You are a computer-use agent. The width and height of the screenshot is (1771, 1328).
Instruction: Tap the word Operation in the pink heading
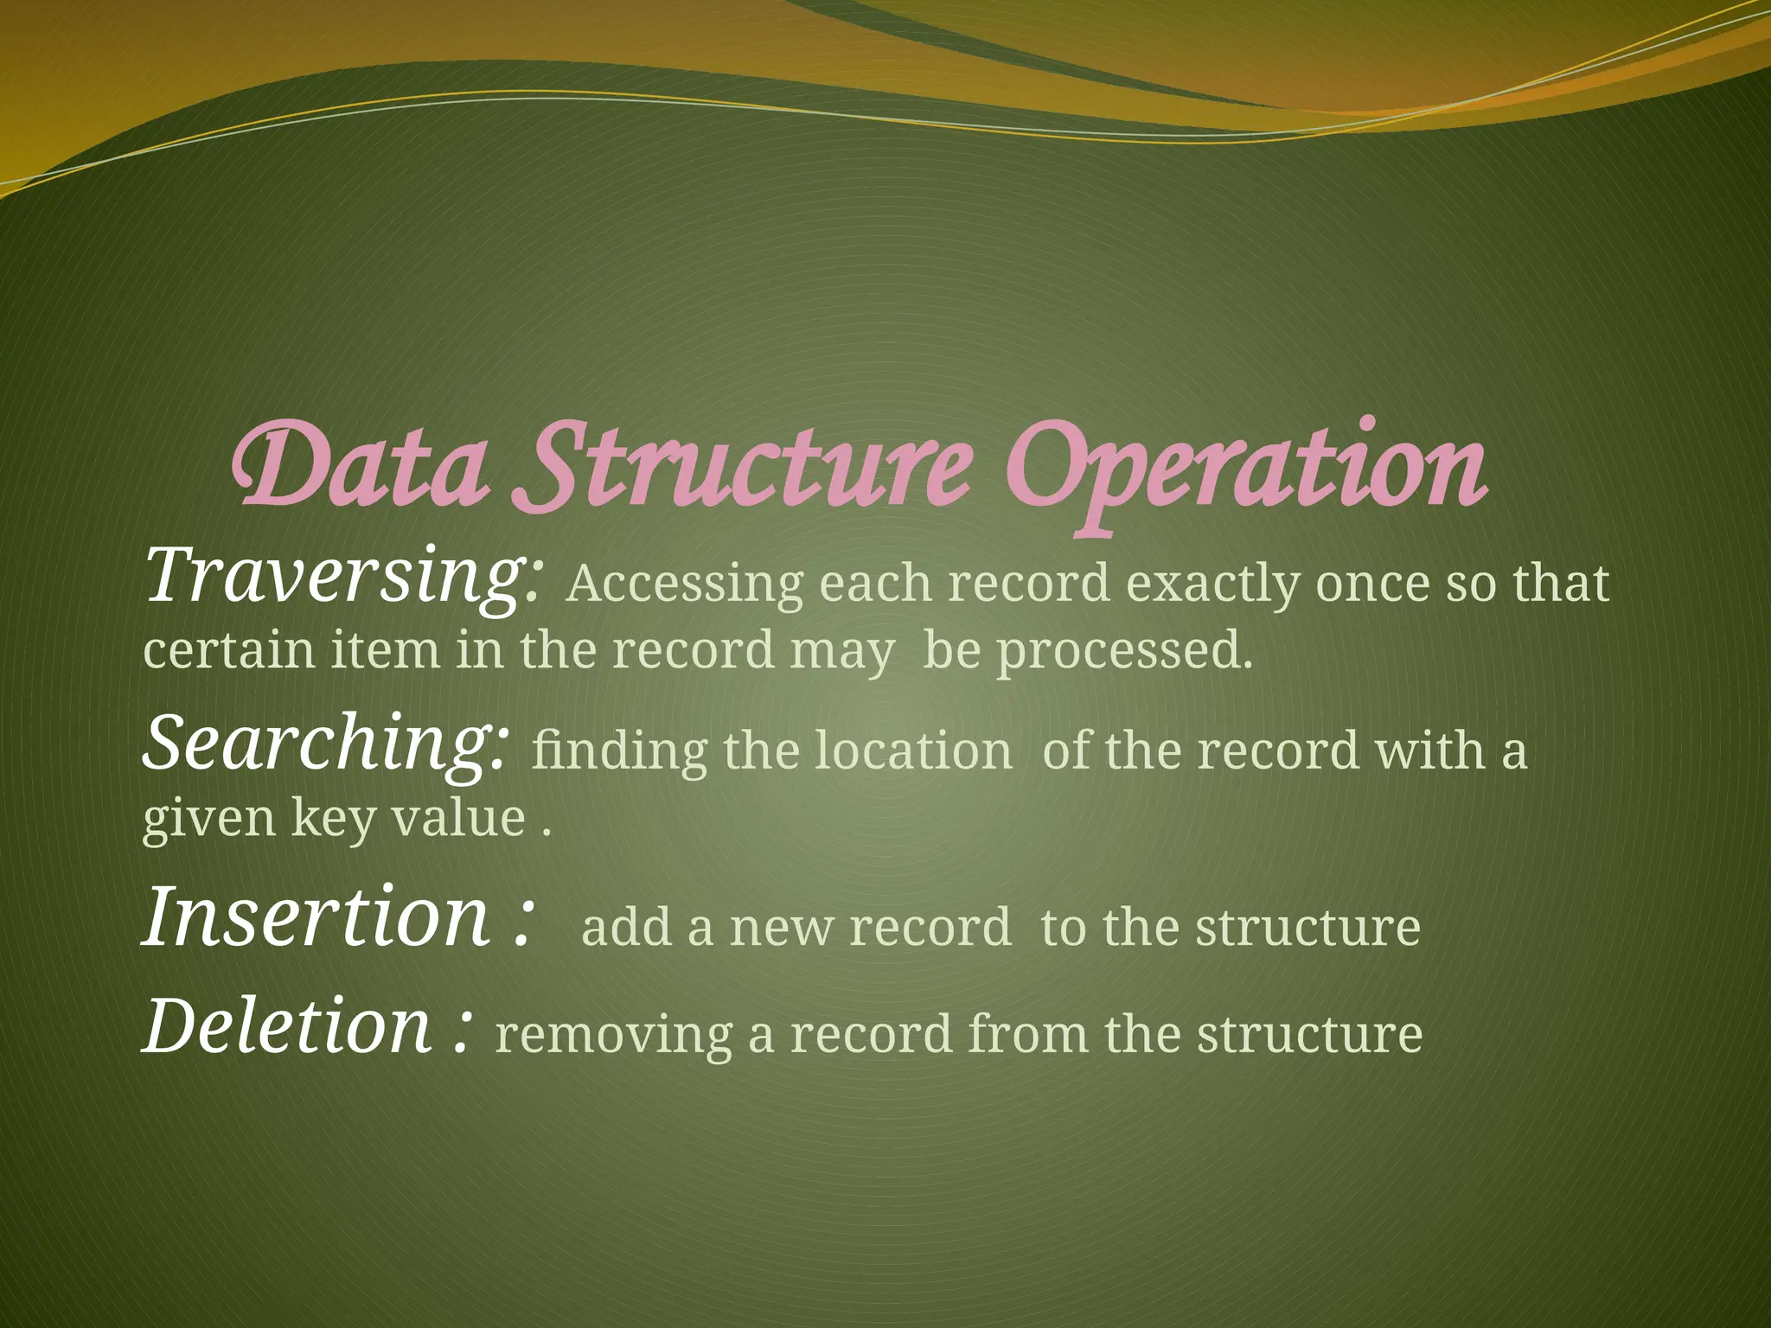1245,471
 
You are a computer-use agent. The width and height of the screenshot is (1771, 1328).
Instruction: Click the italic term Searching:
325,744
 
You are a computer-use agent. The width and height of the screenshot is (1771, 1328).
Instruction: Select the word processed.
1124,652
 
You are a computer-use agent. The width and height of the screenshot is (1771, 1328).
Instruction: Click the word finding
619,750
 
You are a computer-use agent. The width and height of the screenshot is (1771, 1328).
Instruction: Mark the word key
332,818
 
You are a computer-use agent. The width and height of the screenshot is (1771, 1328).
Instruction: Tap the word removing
613,1035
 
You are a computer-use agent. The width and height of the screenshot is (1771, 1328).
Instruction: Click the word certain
229,650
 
